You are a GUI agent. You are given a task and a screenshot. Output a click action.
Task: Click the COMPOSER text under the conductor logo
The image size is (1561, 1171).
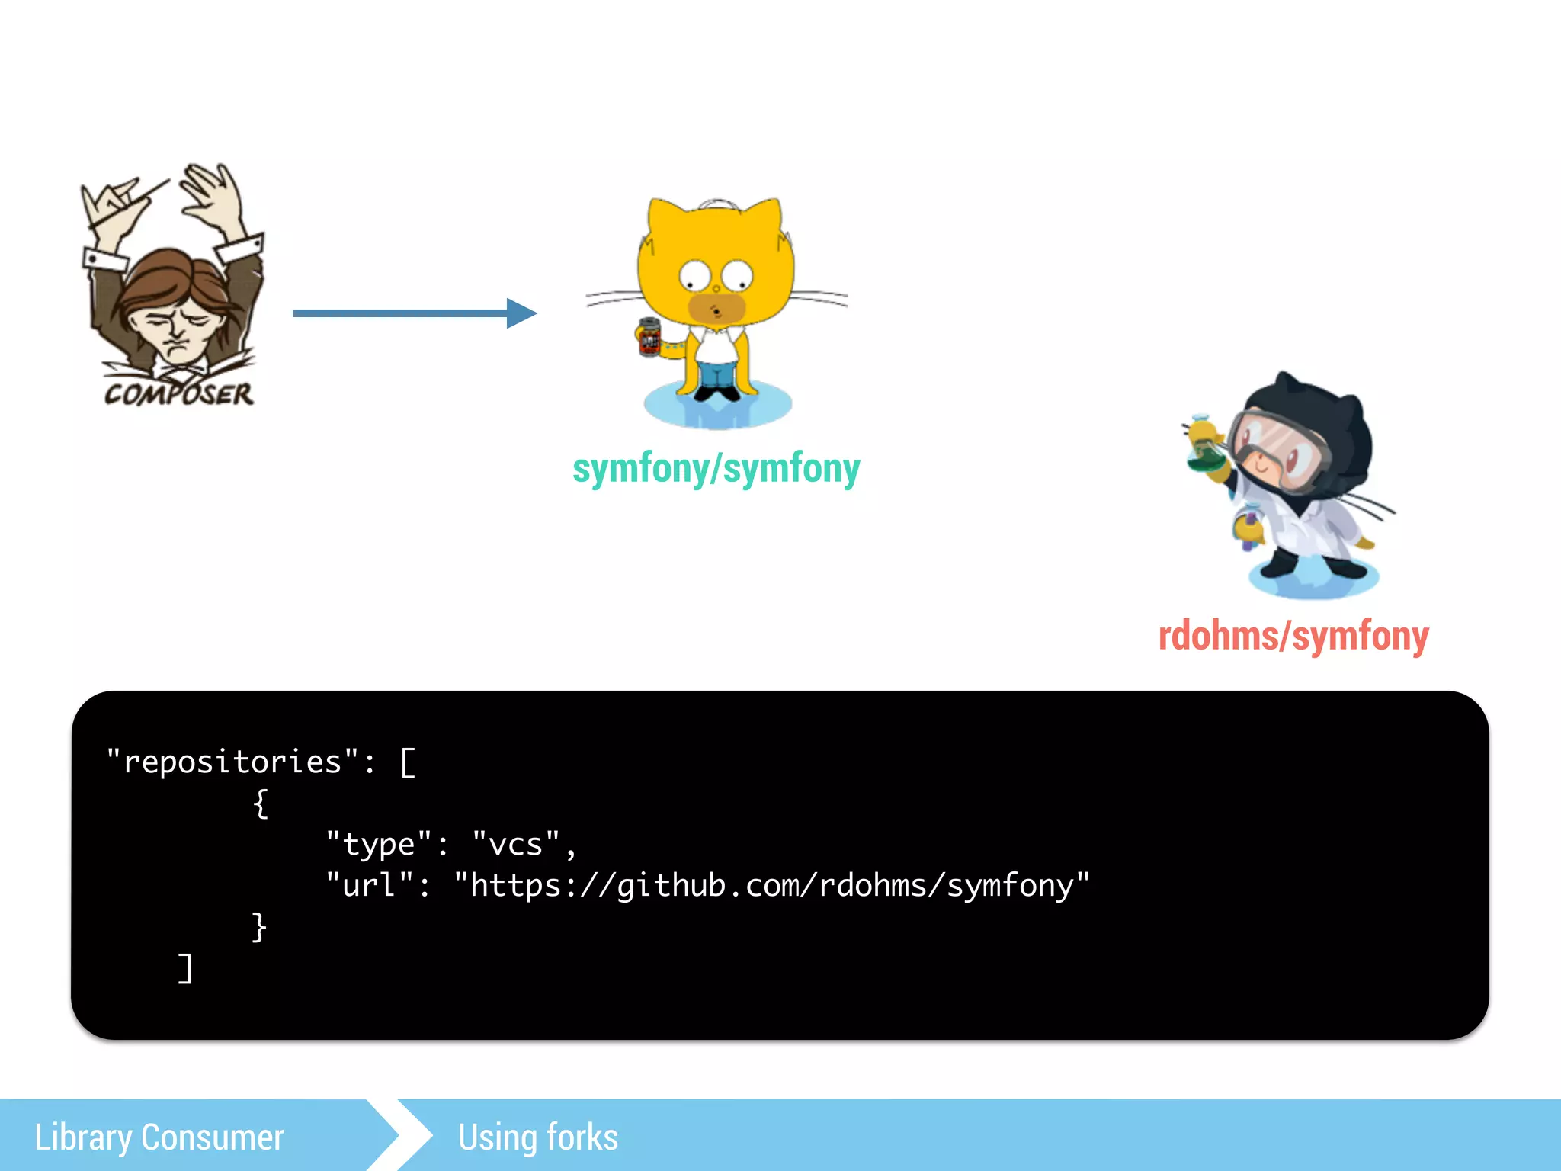[179, 393]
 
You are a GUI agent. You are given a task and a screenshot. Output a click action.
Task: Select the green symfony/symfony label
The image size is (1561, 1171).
[716, 468]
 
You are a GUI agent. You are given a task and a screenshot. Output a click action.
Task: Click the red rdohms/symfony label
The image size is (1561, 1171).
[1293, 637]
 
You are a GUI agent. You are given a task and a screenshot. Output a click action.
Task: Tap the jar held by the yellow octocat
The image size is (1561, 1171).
[649, 336]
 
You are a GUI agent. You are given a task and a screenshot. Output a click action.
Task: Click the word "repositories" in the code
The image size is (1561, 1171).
[232, 762]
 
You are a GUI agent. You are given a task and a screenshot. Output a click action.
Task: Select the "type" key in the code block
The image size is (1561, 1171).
[379, 844]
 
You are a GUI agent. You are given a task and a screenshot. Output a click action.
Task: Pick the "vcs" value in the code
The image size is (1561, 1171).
[516, 844]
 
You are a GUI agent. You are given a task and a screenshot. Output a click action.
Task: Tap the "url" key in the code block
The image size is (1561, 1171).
[369, 885]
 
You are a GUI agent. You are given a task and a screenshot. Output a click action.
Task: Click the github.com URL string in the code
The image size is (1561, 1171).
[771, 885]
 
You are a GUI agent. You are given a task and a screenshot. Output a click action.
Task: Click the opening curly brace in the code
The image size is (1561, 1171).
[261, 803]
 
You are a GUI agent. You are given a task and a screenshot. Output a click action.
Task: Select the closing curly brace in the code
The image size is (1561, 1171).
[259, 926]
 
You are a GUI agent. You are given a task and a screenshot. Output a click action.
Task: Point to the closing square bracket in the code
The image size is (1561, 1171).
[185, 968]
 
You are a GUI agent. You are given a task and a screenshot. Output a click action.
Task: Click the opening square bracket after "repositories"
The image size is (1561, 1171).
[408, 762]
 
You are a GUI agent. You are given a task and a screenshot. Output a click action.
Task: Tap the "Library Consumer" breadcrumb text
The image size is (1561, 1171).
[159, 1137]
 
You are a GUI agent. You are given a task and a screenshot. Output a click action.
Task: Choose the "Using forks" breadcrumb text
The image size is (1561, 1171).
[538, 1137]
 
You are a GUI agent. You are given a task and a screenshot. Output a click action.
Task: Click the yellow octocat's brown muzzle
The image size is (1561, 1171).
[716, 308]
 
